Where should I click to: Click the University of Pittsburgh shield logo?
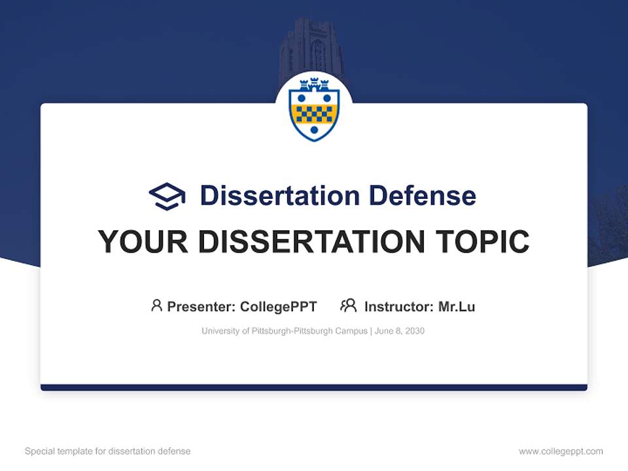[314, 108]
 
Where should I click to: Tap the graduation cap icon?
[167, 196]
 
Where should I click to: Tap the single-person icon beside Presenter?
[156, 305]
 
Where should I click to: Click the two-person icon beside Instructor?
[348, 305]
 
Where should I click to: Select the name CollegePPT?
[278, 307]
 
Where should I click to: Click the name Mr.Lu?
[457, 307]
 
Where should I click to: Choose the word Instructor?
[398, 307]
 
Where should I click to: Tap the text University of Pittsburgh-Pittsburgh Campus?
[285, 331]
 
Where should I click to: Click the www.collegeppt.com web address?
[561, 451]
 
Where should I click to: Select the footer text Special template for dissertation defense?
[108, 451]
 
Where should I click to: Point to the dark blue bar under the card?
[314, 387]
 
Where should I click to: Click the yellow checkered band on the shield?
[314, 114]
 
